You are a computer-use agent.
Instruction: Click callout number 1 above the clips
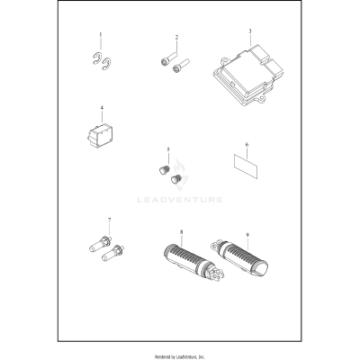coord(101,35)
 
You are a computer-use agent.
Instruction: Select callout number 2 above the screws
coord(176,38)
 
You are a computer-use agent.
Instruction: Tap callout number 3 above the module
coord(250,31)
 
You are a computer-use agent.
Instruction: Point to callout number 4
coord(102,107)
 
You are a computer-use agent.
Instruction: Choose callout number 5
coord(168,149)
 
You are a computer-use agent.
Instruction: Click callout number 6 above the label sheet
coord(247,145)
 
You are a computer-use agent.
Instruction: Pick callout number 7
coord(109,220)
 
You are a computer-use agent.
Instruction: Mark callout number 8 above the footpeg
coord(181,232)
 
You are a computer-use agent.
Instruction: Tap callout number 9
coord(247,235)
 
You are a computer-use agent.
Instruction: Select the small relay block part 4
coord(100,134)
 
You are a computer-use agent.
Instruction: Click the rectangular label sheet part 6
coord(246,166)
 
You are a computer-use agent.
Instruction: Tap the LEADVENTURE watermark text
coord(180,200)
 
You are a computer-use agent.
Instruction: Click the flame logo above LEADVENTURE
coord(180,175)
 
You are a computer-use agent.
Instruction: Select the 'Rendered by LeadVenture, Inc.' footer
coord(180,356)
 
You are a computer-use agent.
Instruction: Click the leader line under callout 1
coord(101,44)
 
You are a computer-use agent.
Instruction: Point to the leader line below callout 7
coord(109,229)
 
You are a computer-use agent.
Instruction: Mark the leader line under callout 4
coord(102,117)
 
